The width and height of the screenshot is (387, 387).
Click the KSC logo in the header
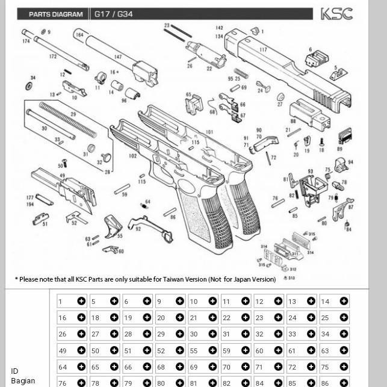(336, 14)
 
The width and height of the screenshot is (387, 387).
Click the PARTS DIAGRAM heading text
(56, 14)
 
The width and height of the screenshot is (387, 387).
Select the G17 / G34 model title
(113, 14)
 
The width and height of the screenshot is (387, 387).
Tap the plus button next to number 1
(81, 301)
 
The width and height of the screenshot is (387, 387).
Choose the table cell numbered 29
(170, 334)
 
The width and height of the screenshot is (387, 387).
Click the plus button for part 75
(344, 367)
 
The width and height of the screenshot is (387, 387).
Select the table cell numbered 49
(72, 350)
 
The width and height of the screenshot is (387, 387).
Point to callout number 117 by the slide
(264, 49)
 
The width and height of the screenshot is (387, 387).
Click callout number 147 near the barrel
(117, 57)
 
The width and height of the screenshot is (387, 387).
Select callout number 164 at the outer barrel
(79, 35)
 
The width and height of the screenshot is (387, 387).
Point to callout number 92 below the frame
(138, 229)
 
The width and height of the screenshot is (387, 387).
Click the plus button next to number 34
(344, 334)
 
